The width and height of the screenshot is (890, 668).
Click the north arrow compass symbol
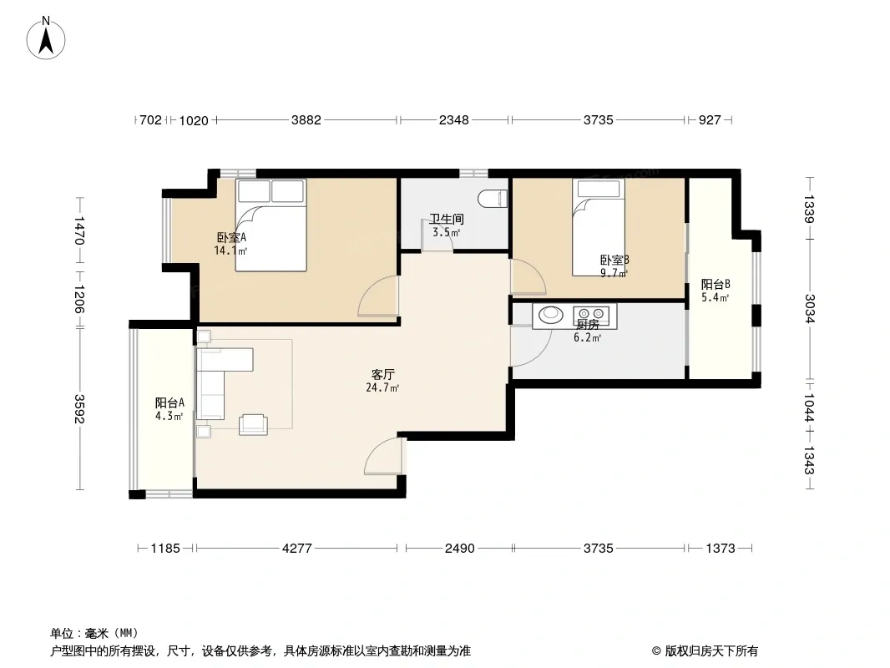(x=46, y=38)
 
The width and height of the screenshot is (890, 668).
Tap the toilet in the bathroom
(x=493, y=199)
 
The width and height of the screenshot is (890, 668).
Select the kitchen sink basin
(x=549, y=314)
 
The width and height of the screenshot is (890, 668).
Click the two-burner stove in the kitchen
(x=591, y=314)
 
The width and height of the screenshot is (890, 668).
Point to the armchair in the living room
(x=253, y=424)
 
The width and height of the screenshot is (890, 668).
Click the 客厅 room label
(x=382, y=375)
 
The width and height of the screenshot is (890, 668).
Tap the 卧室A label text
(x=231, y=237)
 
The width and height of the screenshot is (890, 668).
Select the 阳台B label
(x=716, y=285)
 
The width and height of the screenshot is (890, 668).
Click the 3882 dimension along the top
(x=306, y=120)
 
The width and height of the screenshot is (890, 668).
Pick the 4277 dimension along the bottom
(x=297, y=549)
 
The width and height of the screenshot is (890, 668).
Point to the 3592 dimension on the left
(x=78, y=408)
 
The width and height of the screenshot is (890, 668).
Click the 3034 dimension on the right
(x=809, y=309)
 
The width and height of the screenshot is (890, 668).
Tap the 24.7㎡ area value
(x=382, y=388)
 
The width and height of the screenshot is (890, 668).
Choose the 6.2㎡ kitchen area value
(x=587, y=337)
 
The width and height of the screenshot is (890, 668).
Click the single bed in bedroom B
(x=599, y=228)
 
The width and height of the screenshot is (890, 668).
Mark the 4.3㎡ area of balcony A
(x=169, y=417)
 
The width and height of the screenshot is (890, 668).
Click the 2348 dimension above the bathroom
(x=454, y=120)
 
